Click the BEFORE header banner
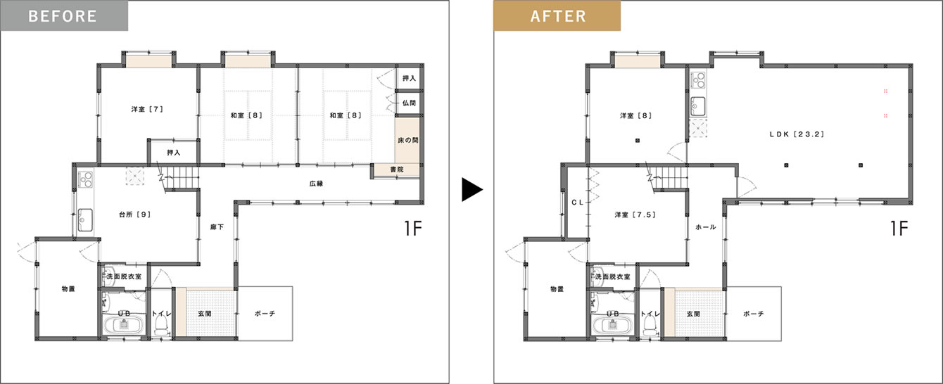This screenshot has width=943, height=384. click(x=64, y=15)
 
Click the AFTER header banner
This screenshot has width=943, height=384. click(x=557, y=15)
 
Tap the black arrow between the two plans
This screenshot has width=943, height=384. click(x=472, y=190)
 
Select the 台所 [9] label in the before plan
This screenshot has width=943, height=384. click(x=134, y=215)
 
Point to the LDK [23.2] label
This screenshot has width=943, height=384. click(x=797, y=134)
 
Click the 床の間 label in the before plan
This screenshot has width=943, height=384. click(x=408, y=140)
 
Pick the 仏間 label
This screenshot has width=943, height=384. click(x=409, y=103)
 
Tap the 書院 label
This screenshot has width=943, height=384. click(x=397, y=169)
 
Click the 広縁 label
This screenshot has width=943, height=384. click(x=316, y=184)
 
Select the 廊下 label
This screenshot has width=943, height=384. click(x=217, y=227)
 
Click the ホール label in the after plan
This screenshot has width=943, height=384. click(x=706, y=227)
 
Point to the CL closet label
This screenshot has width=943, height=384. click(x=578, y=203)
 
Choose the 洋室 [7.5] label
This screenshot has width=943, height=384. click(x=635, y=215)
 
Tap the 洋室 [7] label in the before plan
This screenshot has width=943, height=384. click(x=147, y=109)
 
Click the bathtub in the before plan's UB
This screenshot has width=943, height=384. click(x=124, y=325)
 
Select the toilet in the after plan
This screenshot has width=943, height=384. click(x=650, y=326)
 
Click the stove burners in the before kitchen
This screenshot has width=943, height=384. click(x=86, y=179)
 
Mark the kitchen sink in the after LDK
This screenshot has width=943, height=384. click(x=698, y=106)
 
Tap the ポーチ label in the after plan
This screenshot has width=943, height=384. click(x=754, y=314)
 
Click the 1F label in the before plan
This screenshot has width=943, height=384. click(x=413, y=229)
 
